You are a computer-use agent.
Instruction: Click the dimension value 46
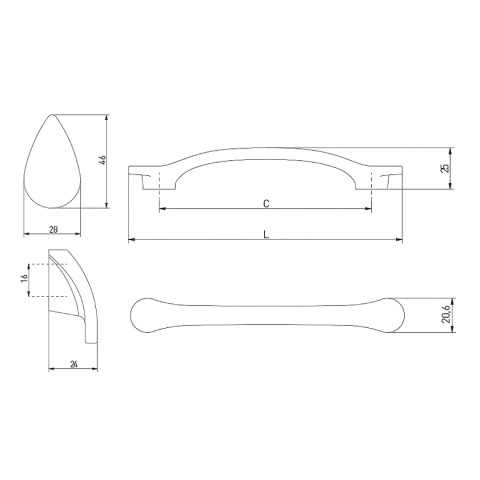101,161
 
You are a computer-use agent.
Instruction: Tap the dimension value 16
23,281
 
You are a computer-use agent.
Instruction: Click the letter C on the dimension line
265,203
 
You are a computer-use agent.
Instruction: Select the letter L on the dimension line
265,234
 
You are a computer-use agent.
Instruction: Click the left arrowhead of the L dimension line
132,241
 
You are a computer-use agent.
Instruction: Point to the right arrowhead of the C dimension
368,210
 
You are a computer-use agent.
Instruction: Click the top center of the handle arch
265,153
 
